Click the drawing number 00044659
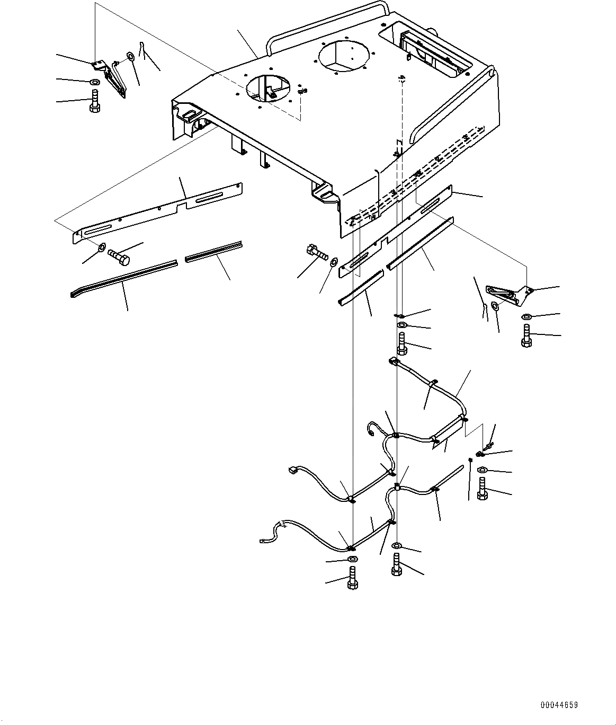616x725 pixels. pos(559,705)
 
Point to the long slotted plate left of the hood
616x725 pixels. pos(157,212)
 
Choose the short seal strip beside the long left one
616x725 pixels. pos(213,251)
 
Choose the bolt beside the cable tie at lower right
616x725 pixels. pos(482,488)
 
